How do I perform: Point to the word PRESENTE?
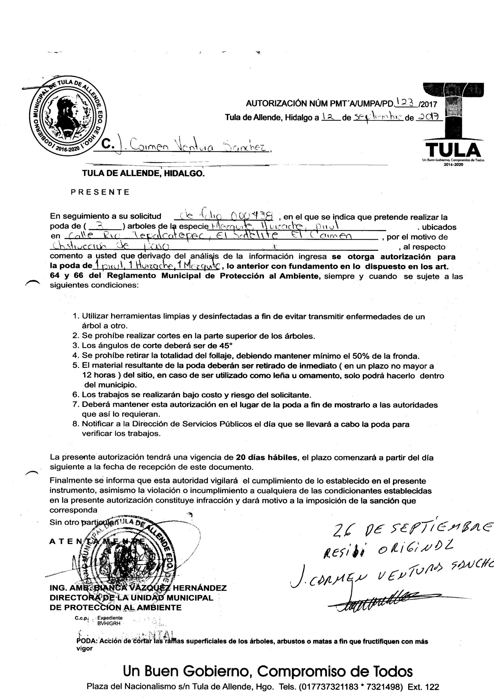pyautogui.click(x=100, y=192)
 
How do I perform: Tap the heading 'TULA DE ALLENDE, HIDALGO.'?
pyautogui.click(x=143, y=174)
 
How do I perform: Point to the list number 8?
pyautogui.click(x=76, y=424)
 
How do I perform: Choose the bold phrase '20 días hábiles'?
pyautogui.click(x=266, y=457)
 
